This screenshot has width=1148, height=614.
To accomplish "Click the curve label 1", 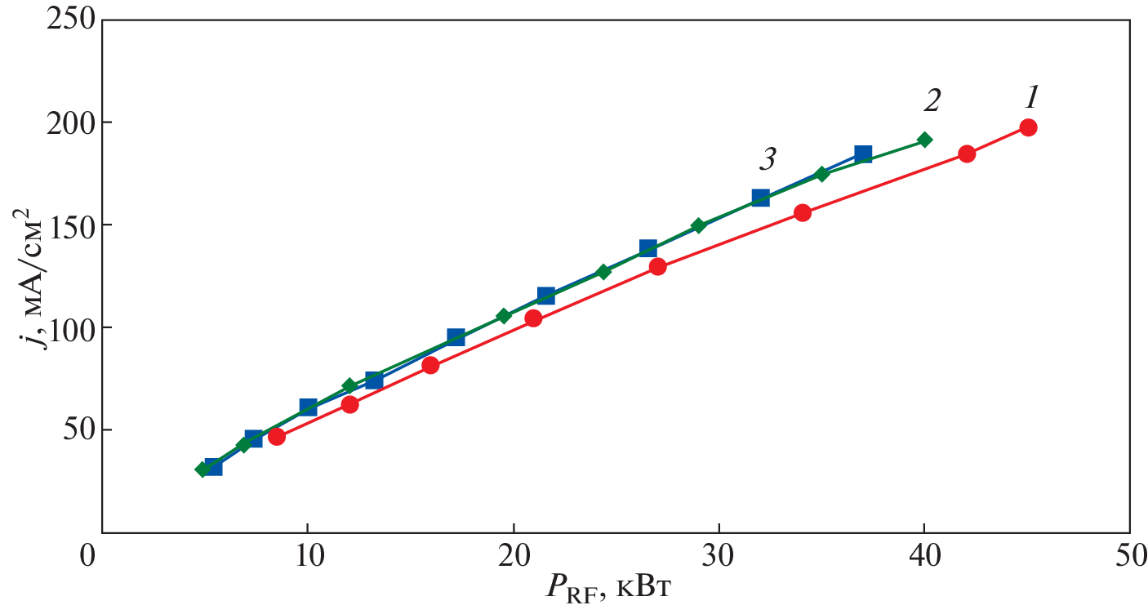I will pos(1031,99).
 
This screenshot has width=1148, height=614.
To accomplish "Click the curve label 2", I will pos(932,101).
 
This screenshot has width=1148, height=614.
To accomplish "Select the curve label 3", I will pos(767,159).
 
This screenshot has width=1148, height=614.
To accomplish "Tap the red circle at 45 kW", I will pos(1028,127).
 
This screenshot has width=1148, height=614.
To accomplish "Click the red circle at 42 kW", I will pos(967,153).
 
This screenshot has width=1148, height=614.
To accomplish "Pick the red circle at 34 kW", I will pos(803,213).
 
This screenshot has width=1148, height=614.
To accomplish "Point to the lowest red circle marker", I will pos(277,436).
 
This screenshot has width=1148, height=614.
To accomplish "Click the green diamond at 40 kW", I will pos(924,140).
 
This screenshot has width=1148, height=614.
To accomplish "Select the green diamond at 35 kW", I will pos(822,174).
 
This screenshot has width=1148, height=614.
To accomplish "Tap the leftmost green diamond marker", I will pos(202,469).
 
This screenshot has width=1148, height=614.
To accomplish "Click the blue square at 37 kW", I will pos(863,153).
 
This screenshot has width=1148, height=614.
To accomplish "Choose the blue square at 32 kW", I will pos(760,198).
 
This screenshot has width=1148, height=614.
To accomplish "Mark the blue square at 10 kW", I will pos(308,407).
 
